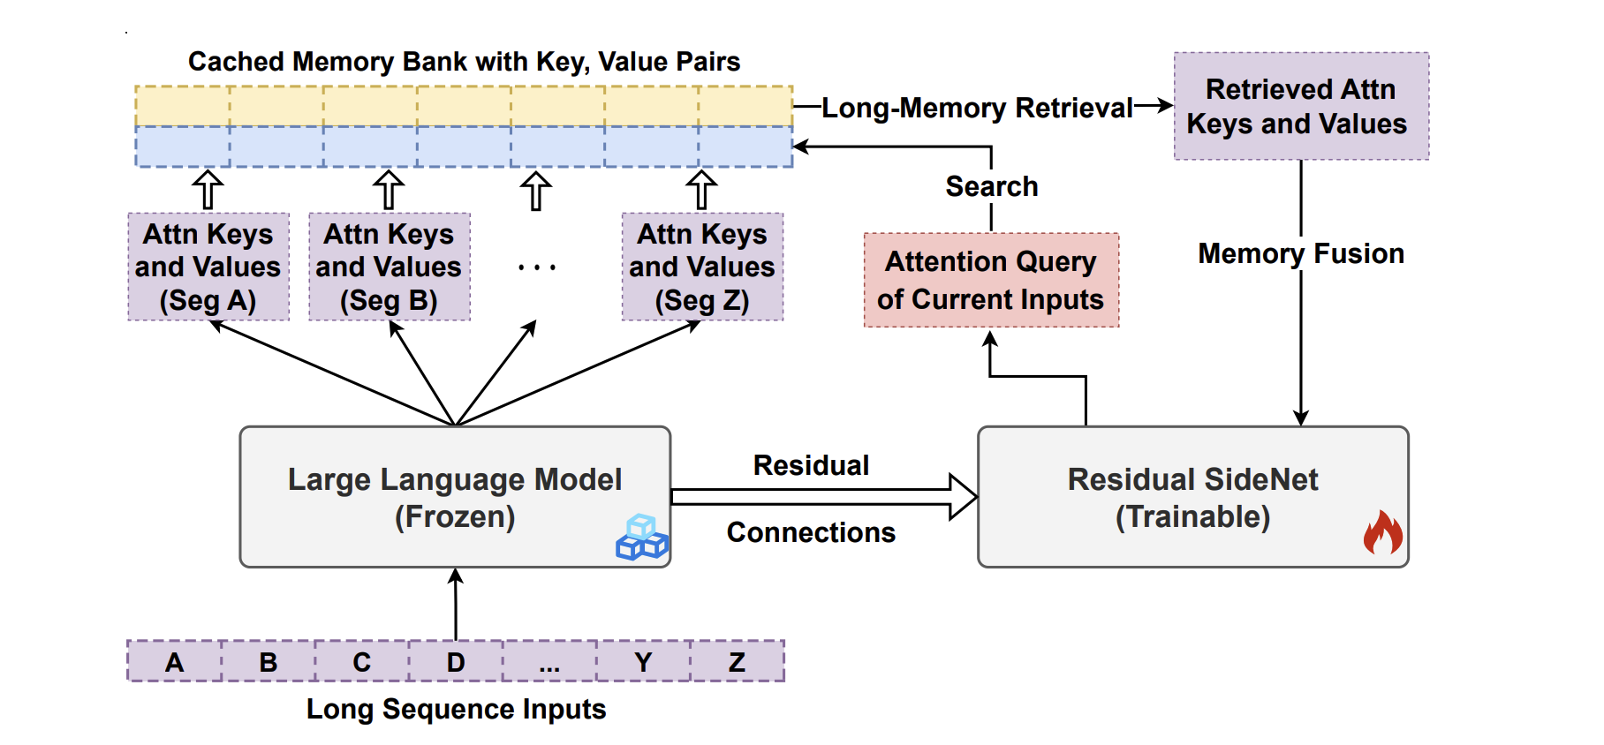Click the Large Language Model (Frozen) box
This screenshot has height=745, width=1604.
pyautogui.click(x=455, y=497)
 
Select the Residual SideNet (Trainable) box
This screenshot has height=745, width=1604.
pyautogui.click(x=1192, y=497)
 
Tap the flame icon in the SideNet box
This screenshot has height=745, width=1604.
pyautogui.click(x=1382, y=533)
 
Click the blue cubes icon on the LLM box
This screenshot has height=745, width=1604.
pyautogui.click(x=642, y=538)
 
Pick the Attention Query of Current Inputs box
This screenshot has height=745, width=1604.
pyautogui.click(x=991, y=281)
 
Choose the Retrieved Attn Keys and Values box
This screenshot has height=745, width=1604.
pyautogui.click(x=1300, y=106)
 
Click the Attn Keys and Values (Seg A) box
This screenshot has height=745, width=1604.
pyautogui.click(x=208, y=267)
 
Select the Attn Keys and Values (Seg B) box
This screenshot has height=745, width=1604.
pyautogui.click(x=390, y=267)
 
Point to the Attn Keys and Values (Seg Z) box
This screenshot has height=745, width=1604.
pyautogui.click(x=702, y=267)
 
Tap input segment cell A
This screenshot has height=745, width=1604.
pyautogui.click(x=175, y=662)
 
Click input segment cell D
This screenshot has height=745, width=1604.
pyautogui.click(x=456, y=662)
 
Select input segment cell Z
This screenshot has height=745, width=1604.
pyautogui.click(x=737, y=662)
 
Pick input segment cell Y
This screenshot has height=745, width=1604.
pyautogui.click(x=643, y=662)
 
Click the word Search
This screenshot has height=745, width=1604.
pyautogui.click(x=991, y=187)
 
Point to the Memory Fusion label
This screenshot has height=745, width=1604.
pyautogui.click(x=1300, y=254)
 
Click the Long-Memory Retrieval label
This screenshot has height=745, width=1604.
pyautogui.click(x=977, y=108)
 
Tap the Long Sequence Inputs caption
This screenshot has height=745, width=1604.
pyautogui.click(x=456, y=710)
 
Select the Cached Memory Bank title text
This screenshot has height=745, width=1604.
pyautogui.click(x=464, y=62)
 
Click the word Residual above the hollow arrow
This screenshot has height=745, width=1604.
pyautogui.click(x=811, y=465)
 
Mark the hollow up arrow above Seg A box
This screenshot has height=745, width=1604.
pyautogui.click(x=208, y=189)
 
